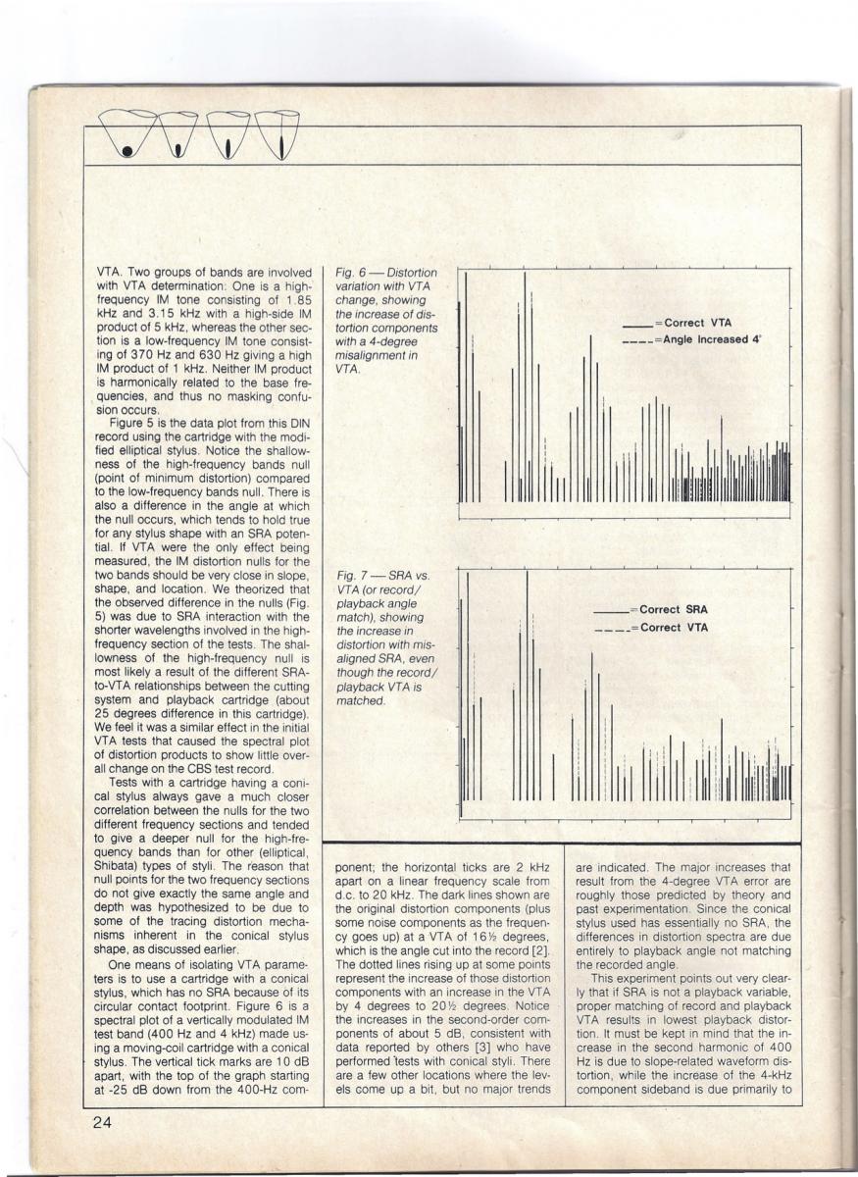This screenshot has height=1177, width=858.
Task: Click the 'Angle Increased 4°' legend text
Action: pyautogui.click(x=713, y=340)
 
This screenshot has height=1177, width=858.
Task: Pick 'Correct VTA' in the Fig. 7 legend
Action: pyautogui.click(x=674, y=627)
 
